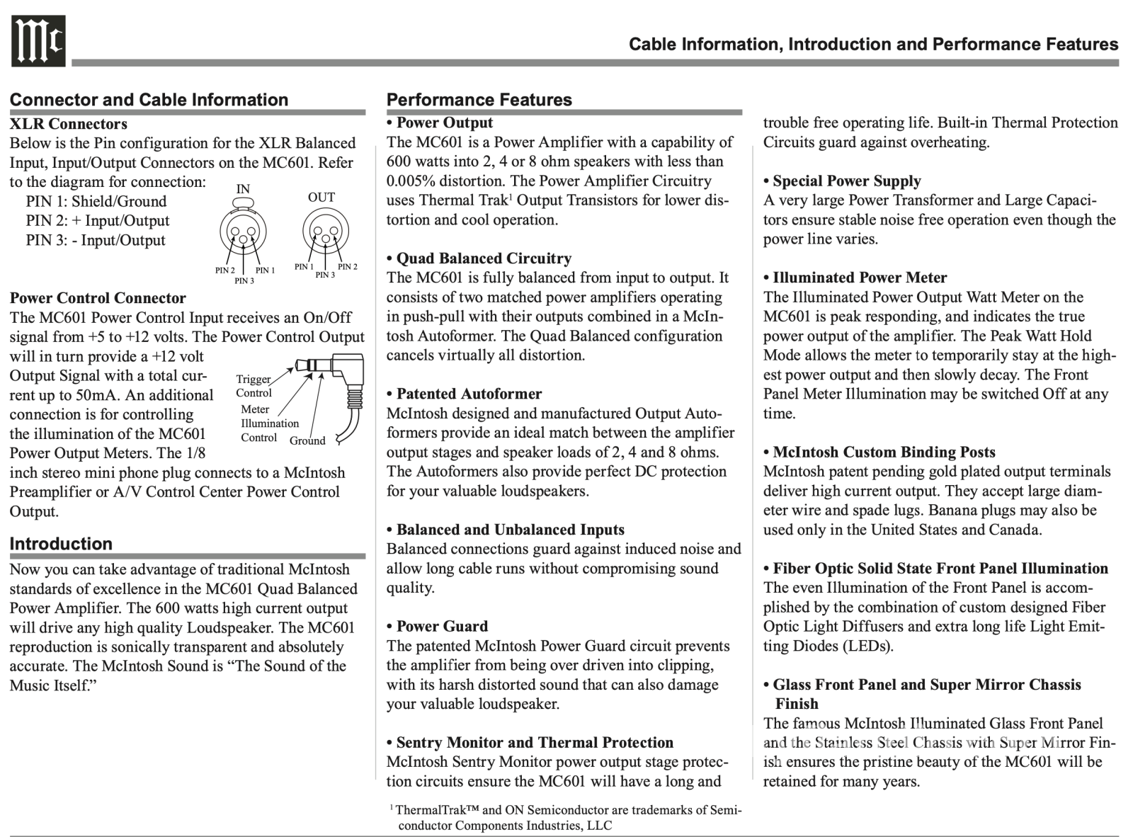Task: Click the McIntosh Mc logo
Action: point(38,41)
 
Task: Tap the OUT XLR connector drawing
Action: point(325,229)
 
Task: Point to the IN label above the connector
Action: point(243,189)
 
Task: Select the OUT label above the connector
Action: point(321,198)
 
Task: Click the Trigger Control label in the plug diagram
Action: point(254,386)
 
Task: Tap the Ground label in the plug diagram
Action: point(307,440)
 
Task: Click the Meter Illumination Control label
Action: point(268,423)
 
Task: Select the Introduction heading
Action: point(61,544)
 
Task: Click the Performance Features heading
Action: point(479,100)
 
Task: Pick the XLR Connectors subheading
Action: point(69,124)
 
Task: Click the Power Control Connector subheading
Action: point(98,298)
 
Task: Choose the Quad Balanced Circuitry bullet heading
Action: point(483,258)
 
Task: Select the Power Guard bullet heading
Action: point(441,626)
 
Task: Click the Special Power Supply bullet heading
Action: point(846,181)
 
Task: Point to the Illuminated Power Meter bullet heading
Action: point(859,278)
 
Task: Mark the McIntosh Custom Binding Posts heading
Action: point(884,452)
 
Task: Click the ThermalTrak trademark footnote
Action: point(566,817)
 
